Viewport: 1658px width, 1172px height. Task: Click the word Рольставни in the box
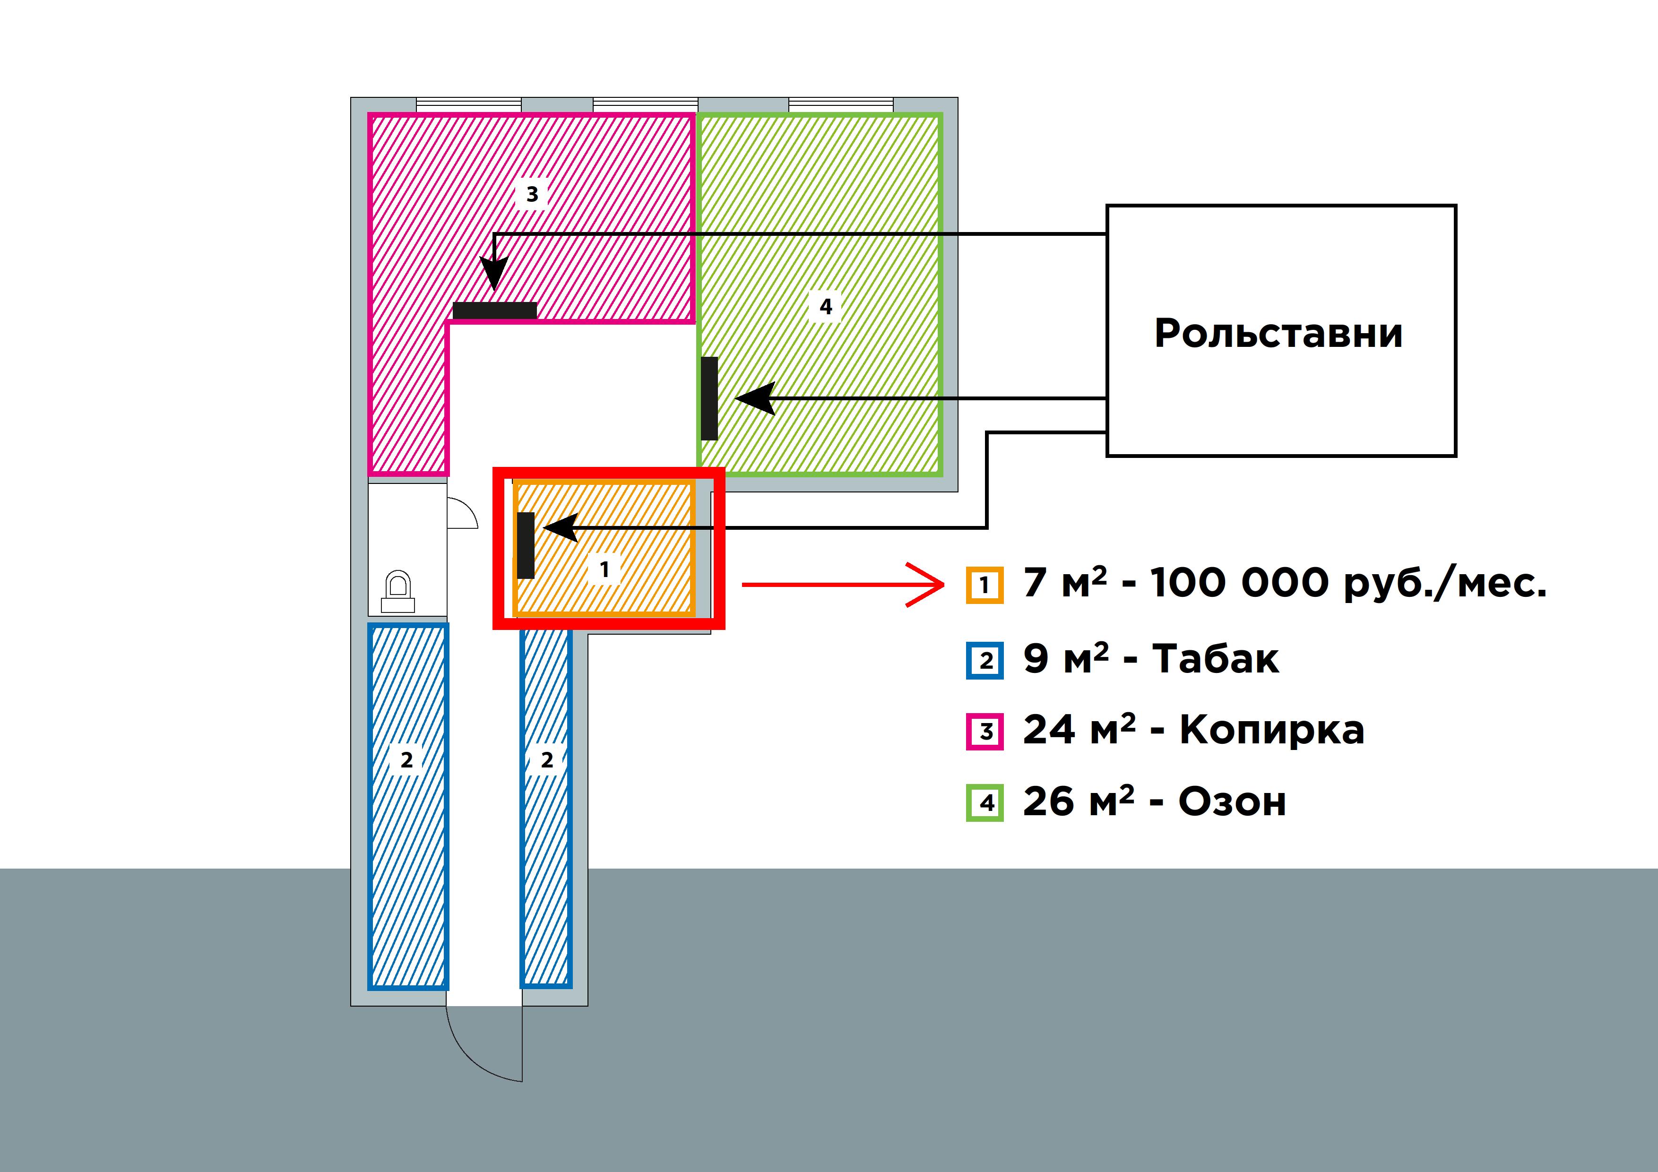click(x=1278, y=334)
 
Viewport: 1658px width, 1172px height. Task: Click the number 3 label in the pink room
click(x=532, y=194)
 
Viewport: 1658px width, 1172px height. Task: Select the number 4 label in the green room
click(x=825, y=306)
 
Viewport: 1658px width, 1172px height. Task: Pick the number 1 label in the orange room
click(x=604, y=569)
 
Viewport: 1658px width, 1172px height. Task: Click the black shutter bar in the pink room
click(x=495, y=310)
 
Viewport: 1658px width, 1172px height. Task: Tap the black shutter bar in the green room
click(x=709, y=398)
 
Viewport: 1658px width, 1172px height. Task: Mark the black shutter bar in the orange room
click(x=526, y=545)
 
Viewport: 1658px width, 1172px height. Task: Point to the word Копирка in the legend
click(x=1272, y=730)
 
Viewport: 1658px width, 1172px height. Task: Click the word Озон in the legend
click(x=1232, y=801)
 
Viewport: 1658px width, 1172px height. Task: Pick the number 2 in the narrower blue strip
click(x=547, y=759)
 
